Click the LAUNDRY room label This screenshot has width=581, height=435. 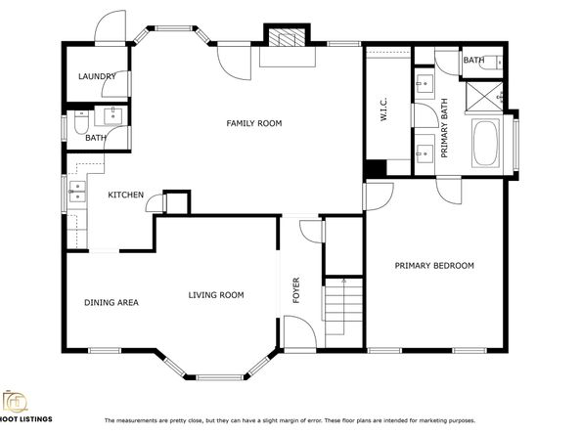(98, 76)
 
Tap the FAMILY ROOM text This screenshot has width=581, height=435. (253, 123)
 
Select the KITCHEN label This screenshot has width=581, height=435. (126, 196)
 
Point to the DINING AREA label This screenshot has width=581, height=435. (111, 302)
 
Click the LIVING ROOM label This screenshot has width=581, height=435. (216, 295)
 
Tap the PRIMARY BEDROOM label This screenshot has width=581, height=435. (434, 266)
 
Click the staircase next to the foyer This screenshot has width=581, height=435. (342, 298)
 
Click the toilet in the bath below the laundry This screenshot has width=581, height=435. (81, 121)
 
